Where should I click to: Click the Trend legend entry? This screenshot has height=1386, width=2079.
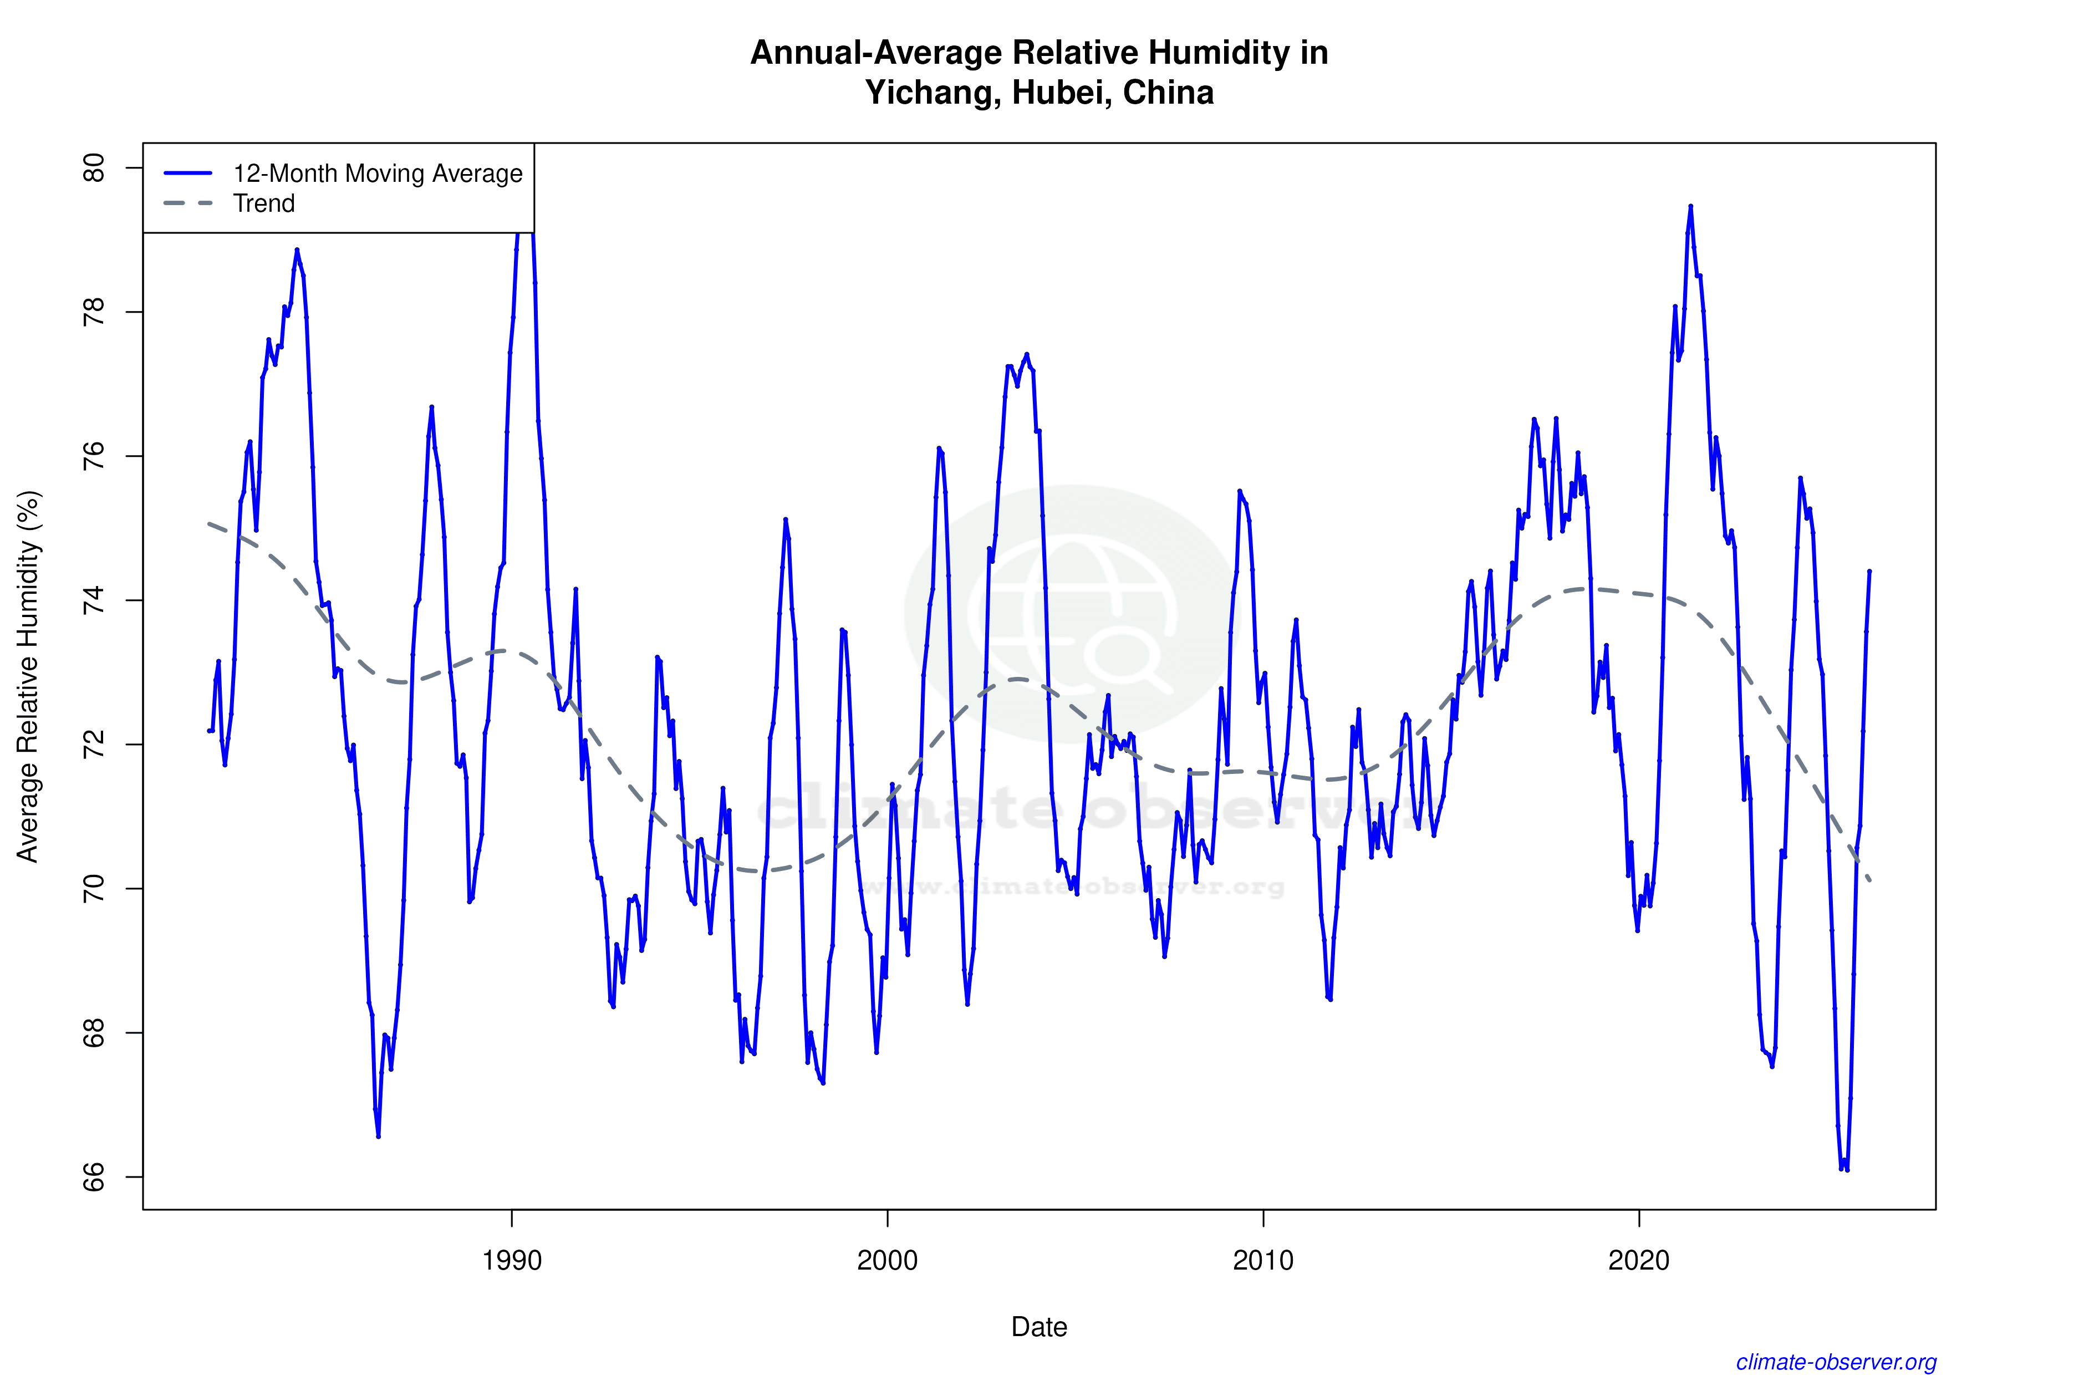click(263, 203)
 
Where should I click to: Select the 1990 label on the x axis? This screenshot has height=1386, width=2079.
click(511, 1260)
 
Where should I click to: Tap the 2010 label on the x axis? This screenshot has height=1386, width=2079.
click(1263, 1260)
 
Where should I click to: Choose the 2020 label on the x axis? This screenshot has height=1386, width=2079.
click(1639, 1260)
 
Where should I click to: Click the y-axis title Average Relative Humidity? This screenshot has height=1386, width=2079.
click(28, 676)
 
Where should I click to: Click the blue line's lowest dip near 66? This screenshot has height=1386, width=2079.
click(1847, 1169)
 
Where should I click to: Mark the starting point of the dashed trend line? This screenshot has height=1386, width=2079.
click(208, 523)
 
